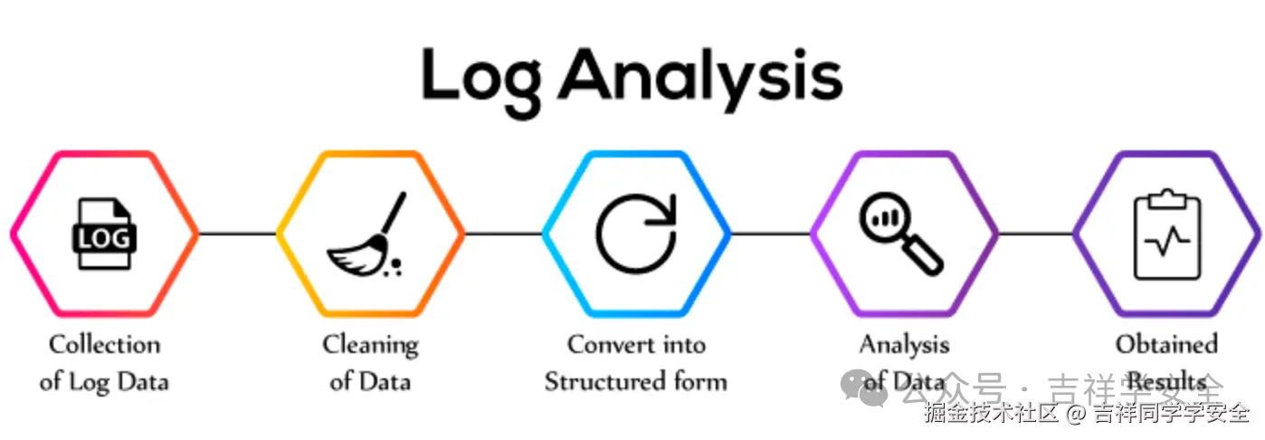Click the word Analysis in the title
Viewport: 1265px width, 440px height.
click(699, 76)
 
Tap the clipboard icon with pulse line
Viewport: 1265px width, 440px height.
click(1166, 234)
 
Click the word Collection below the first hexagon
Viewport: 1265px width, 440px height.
click(104, 345)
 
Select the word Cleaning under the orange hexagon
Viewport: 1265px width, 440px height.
click(370, 345)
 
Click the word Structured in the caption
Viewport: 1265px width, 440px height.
click(599, 381)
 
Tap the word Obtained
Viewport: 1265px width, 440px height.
click(1166, 345)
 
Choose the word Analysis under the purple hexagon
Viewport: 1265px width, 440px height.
click(904, 345)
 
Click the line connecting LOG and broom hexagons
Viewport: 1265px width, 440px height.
click(237, 234)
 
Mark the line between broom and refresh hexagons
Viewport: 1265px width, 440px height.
click(503, 234)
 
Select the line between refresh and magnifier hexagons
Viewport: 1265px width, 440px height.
click(769, 234)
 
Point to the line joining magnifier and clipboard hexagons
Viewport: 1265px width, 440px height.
click(1035, 234)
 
